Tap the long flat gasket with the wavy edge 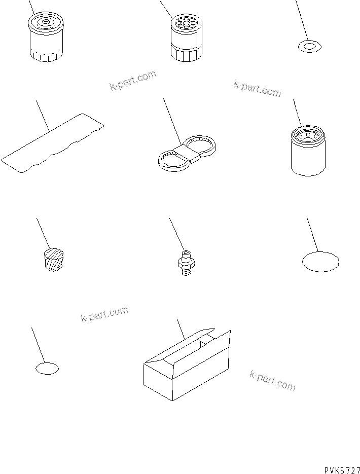51,144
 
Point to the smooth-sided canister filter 308,151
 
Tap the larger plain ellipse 320,262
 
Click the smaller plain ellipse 47,369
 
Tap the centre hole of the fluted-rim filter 44,22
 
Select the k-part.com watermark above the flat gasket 132,81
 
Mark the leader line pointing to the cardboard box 180,330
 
